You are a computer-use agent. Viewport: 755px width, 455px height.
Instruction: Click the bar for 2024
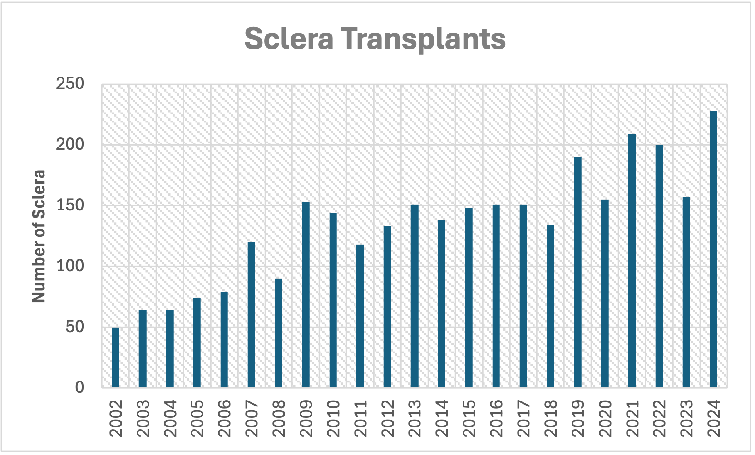[713, 249]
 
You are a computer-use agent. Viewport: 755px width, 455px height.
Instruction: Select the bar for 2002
[115, 357]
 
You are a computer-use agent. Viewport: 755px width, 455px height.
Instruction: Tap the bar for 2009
[306, 294]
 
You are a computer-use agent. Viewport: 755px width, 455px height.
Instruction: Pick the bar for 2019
[577, 272]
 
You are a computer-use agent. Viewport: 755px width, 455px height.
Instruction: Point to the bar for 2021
[632, 260]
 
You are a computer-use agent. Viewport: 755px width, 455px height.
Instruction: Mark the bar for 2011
[360, 316]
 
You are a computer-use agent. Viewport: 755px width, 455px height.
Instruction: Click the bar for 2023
[686, 292]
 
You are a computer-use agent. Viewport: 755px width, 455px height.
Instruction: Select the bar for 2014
[441, 303]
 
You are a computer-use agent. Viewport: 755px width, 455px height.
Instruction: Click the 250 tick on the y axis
[70, 84]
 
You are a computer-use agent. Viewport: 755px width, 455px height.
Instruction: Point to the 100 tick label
[70, 266]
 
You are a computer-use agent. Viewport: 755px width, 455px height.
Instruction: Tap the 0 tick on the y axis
[79, 387]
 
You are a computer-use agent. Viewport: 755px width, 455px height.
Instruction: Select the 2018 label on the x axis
[551, 418]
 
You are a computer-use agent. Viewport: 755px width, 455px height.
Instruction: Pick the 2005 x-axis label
[197, 418]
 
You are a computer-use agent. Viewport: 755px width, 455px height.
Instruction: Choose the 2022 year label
[659, 418]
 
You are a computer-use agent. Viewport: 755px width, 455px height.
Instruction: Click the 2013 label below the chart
[415, 418]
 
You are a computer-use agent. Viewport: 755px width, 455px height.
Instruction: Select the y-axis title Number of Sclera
[39, 236]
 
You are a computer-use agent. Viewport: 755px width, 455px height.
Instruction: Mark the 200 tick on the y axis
[70, 145]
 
